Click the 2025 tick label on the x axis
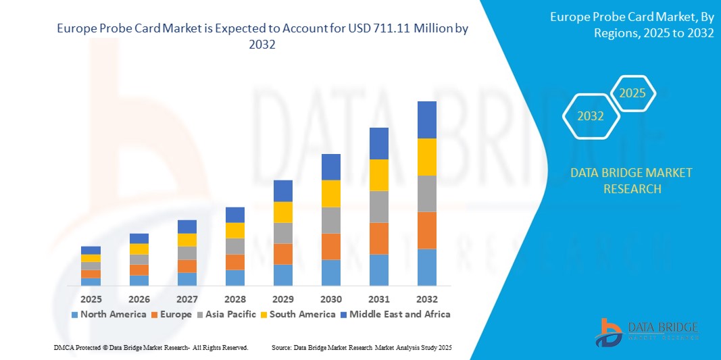tap(91, 299)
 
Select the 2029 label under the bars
tap(282, 299)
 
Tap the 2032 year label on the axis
tap(426, 299)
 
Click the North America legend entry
tap(108, 314)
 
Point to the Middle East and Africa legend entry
tap(395, 314)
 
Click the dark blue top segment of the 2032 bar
tap(426, 120)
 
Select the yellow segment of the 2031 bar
tap(378, 175)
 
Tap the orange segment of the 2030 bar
tap(330, 247)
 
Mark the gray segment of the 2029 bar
tap(282, 233)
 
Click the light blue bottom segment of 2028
tap(234, 278)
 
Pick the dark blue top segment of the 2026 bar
tap(139, 238)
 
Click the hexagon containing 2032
tap(591, 116)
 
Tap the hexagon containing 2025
tap(632, 93)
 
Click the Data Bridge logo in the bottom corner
tap(645, 332)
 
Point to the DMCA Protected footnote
tap(151, 347)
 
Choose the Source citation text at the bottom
tap(362, 347)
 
